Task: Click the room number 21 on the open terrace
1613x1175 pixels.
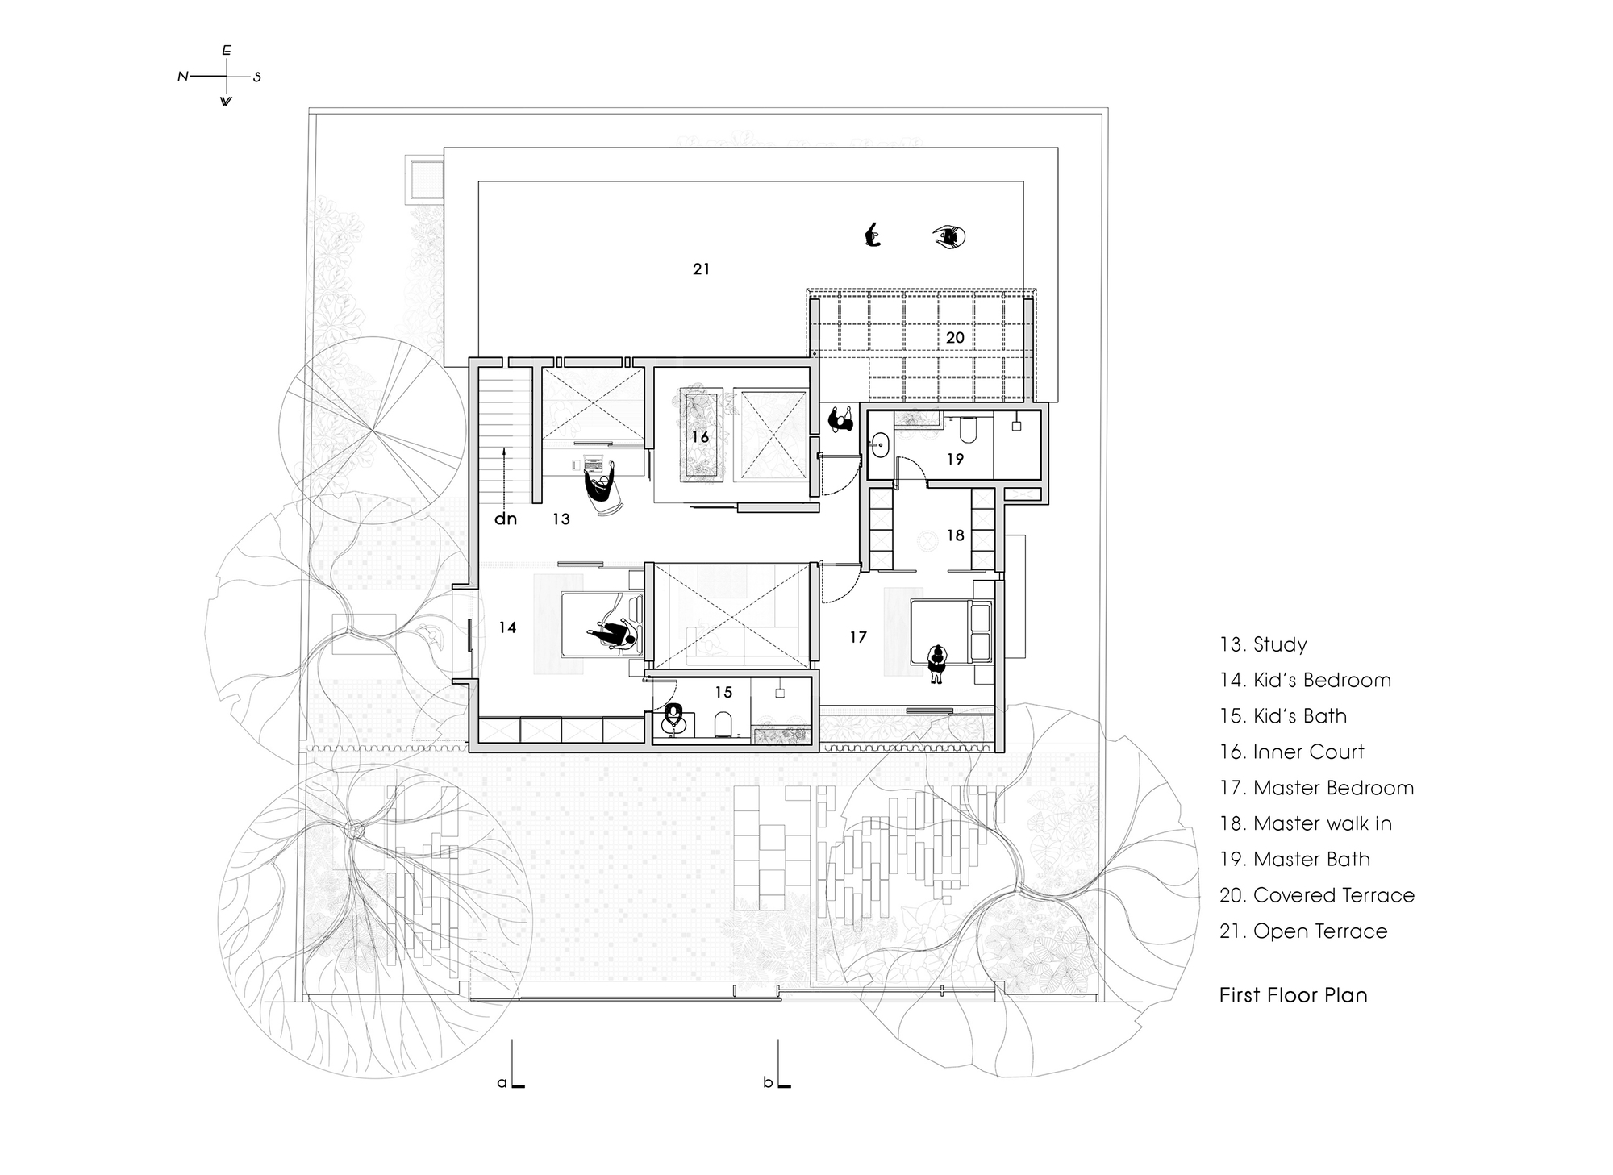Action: tap(701, 269)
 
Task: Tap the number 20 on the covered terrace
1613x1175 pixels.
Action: tap(955, 337)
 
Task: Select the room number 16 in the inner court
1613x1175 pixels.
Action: tap(699, 437)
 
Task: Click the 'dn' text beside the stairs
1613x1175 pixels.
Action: tap(506, 519)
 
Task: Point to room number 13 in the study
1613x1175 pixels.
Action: tap(561, 519)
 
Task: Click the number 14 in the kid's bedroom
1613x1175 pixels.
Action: tap(507, 627)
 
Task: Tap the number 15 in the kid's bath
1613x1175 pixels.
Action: tap(723, 692)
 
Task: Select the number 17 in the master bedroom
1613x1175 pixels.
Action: tap(858, 637)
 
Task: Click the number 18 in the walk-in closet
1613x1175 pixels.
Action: tap(955, 535)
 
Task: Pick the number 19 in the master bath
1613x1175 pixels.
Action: tap(955, 459)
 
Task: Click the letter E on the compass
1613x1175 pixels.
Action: tap(227, 51)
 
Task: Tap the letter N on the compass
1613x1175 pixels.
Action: tap(182, 77)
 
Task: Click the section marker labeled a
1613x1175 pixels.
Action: tap(502, 1082)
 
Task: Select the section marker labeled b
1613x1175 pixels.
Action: tap(768, 1082)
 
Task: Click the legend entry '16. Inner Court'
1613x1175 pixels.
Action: tap(1291, 752)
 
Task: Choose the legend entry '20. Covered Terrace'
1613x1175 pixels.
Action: tap(1316, 895)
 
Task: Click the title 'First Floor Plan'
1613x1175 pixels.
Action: tap(1293, 995)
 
